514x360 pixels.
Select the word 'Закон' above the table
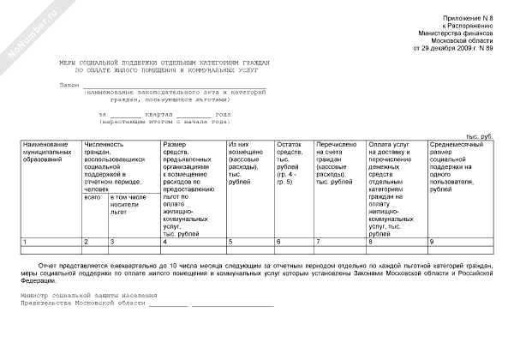(69, 85)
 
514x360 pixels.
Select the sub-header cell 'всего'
(93, 198)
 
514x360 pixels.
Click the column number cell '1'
(26, 243)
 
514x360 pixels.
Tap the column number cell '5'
(230, 243)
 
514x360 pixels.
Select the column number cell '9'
(432, 243)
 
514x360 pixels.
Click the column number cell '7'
(319, 243)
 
